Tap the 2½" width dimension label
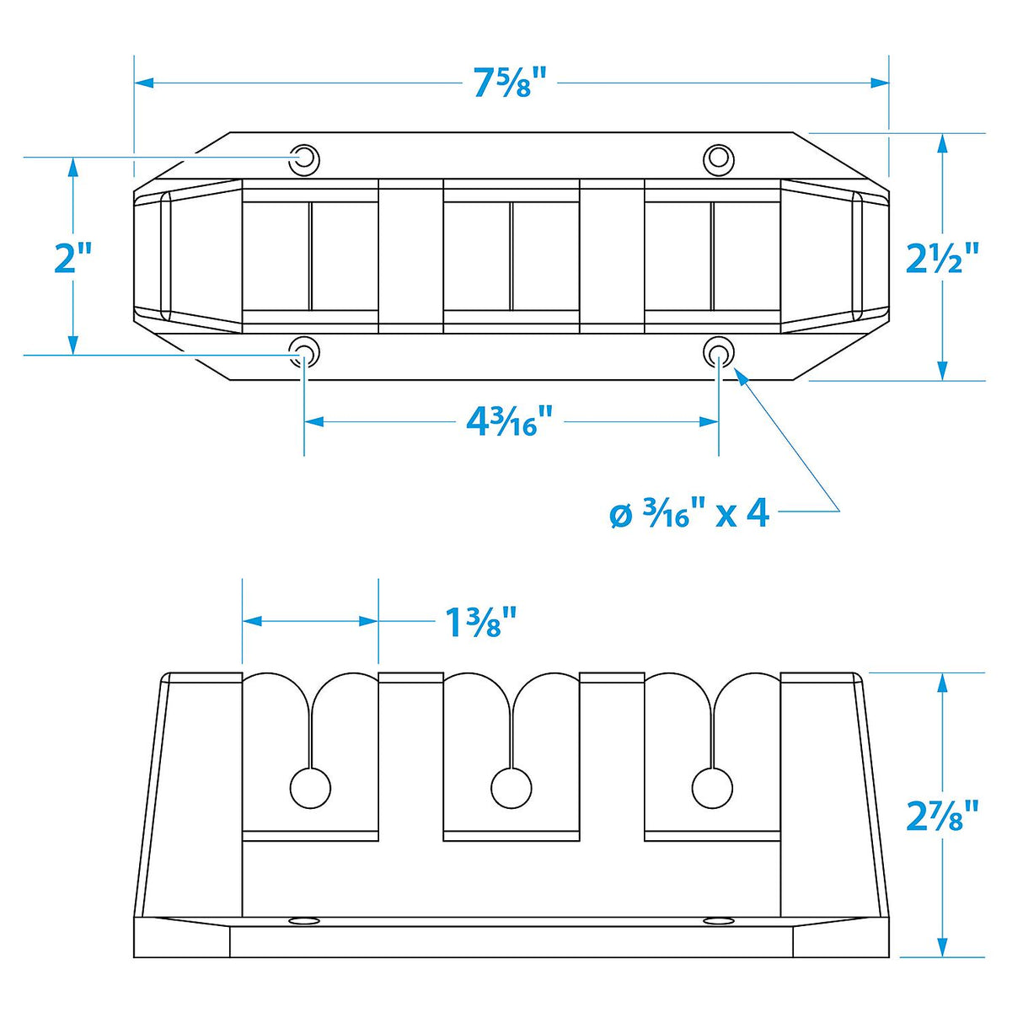[x=943, y=257]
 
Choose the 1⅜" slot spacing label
[x=479, y=623]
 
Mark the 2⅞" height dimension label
[x=943, y=814]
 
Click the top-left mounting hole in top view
[x=304, y=158]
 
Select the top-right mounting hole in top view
[x=718, y=158]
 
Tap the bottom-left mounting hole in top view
[x=304, y=352]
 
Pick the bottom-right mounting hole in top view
[x=718, y=352]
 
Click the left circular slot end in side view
[x=310, y=788]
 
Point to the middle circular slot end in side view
[x=511, y=788]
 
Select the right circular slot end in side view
[x=712, y=788]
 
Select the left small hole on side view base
[x=300, y=919]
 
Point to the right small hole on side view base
[x=719, y=919]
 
